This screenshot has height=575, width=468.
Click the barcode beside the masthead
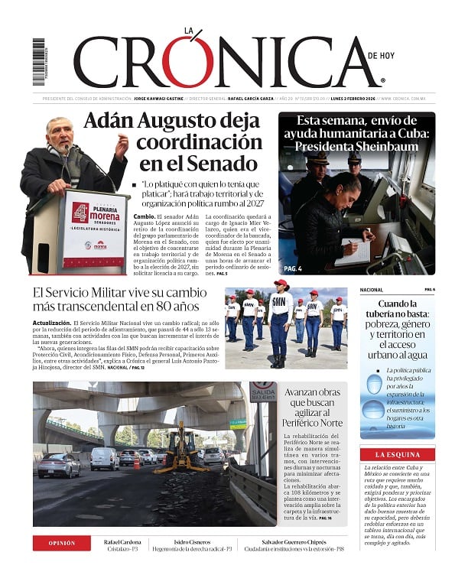[x=39, y=61]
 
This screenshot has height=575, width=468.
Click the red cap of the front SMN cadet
[x=281, y=284]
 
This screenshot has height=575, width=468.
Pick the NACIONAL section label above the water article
[x=371, y=290]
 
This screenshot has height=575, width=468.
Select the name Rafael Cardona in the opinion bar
[x=122, y=542]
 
